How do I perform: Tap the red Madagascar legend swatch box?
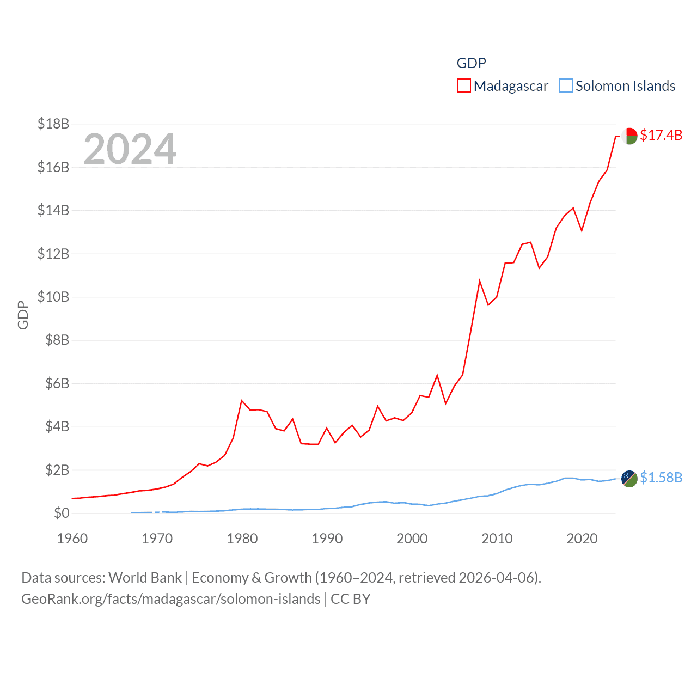464,86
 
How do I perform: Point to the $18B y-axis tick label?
53,124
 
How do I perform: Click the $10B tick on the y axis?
53,297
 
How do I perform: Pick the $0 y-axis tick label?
62,513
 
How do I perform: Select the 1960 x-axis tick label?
72,539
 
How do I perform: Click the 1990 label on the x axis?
327,539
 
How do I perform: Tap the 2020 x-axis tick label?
582,539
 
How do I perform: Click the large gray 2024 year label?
130,149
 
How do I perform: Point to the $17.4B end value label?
661,135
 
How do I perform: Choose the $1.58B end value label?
661,478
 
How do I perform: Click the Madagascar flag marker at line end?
629,136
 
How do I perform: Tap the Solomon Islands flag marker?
629,479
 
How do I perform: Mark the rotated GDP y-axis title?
23,315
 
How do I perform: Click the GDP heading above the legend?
471,63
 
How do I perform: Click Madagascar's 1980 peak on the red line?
242,401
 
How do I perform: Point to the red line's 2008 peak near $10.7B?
480,281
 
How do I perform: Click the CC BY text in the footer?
351,599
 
